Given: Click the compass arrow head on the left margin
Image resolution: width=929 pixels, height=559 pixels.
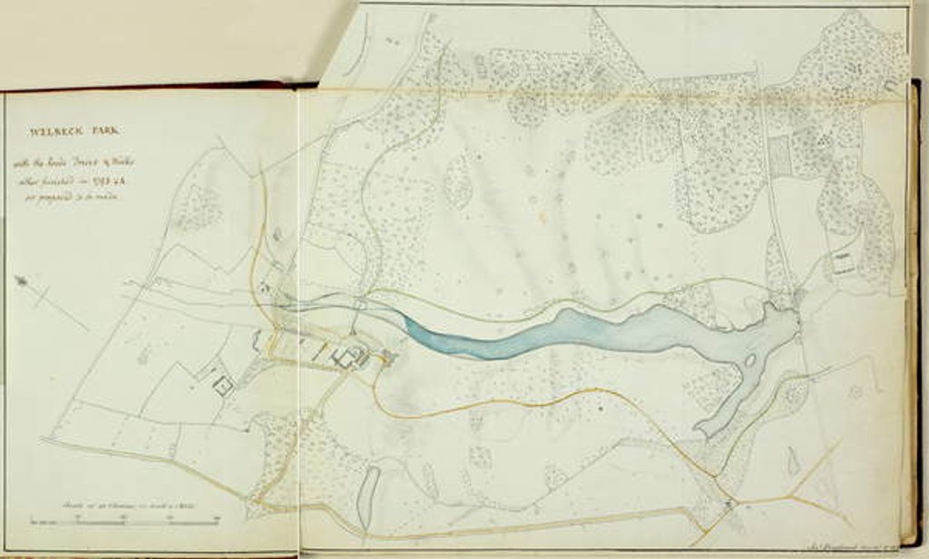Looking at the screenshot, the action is pos(20,281).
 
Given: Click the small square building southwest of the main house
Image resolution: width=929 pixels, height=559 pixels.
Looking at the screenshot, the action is pos(223,387).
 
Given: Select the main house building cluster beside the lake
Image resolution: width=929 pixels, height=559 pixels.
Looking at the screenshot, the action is pos(349,357).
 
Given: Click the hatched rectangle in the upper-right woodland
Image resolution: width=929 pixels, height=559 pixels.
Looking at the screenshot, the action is pos(778,156).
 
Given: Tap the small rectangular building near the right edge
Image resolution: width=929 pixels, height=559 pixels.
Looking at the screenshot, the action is pos(844,264).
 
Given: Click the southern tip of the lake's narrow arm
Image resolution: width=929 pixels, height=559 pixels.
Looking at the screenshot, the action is pos(701,429).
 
